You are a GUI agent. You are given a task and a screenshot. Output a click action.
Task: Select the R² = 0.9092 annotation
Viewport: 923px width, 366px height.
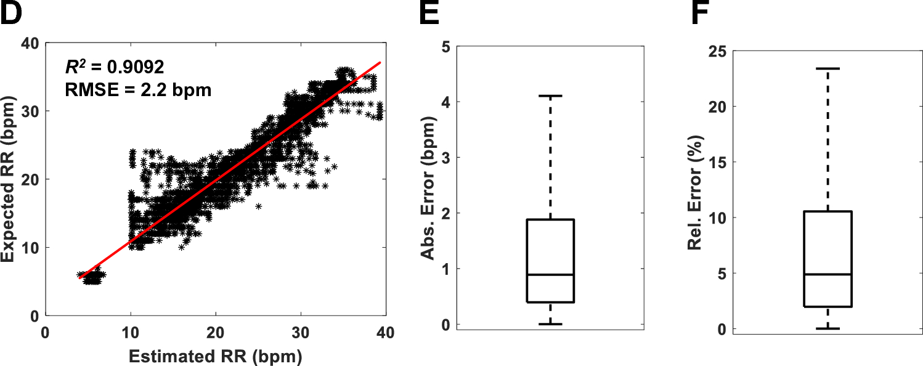tap(115, 64)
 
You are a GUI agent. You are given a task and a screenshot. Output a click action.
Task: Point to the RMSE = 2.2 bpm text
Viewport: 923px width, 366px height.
tap(138, 90)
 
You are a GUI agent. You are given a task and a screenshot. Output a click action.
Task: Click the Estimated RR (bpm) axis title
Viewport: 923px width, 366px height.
tap(216, 356)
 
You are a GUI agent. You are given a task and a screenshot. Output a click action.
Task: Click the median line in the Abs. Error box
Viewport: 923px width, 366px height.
tap(551, 275)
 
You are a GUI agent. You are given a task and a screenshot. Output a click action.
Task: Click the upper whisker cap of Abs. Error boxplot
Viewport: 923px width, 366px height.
tap(551, 96)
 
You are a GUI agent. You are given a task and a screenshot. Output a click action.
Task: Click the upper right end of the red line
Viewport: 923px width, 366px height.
tap(380, 62)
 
